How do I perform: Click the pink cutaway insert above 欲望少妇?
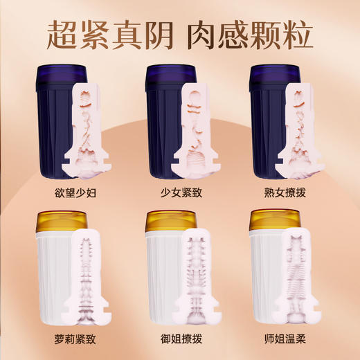click(x=87, y=125)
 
